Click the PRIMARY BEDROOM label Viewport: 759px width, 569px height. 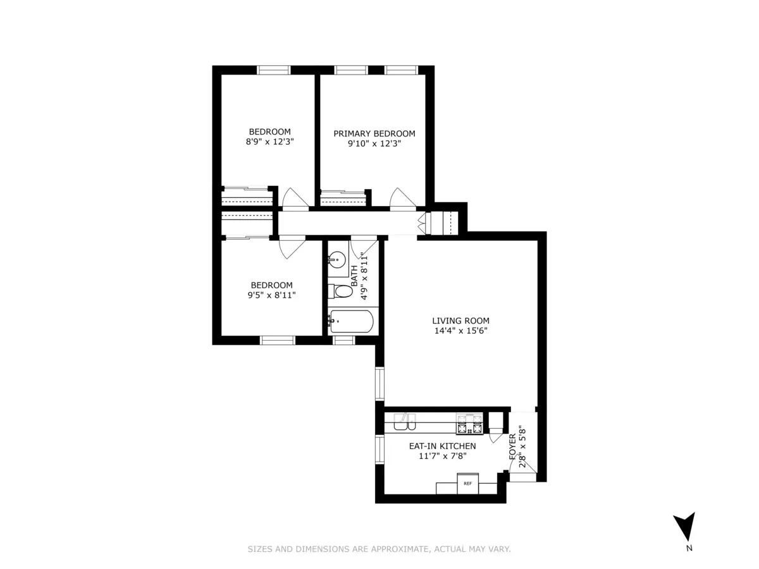[374, 133]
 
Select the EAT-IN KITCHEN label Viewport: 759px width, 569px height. [442, 446]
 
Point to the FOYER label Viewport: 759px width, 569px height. [513, 445]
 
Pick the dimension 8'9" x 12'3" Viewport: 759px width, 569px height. [269, 142]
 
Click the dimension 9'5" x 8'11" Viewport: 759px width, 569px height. [271, 295]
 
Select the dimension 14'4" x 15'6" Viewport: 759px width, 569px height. [460, 330]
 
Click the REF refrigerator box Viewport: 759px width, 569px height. [467, 484]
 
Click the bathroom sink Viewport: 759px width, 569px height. [336, 258]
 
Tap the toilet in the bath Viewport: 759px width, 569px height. [341, 291]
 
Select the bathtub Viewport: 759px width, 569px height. [351, 322]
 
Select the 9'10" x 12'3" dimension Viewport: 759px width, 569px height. [374, 144]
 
